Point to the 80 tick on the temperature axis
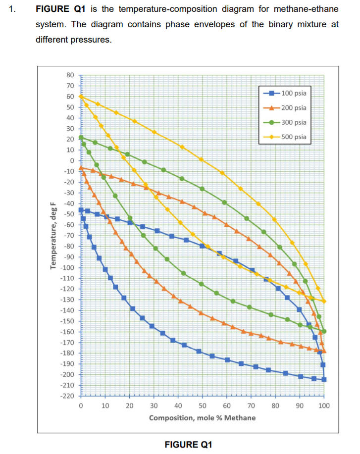click(x=70, y=75)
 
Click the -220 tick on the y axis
click(x=67, y=396)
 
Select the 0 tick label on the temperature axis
click(x=72, y=160)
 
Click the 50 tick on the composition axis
click(x=203, y=406)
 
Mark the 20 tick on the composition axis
click(x=130, y=406)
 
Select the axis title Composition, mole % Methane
click(x=202, y=418)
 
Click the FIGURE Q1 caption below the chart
click(x=188, y=444)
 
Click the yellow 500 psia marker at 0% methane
click(x=81, y=97)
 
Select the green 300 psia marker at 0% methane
click(x=81, y=137)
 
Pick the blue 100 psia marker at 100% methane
click(x=324, y=379)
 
